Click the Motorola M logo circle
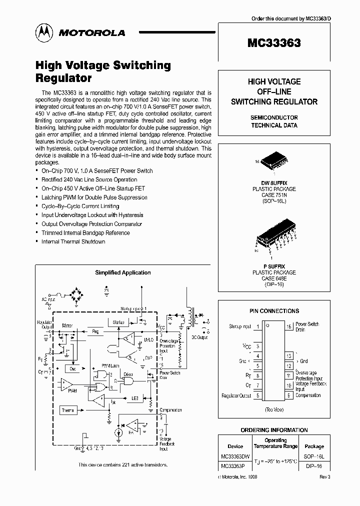[43, 32]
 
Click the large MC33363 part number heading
[274, 43]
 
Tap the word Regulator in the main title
[63, 78]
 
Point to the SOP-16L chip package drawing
[273, 158]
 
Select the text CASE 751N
[274, 194]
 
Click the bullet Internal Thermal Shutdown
[73, 241]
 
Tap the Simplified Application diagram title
[123, 272]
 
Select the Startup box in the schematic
[118, 322]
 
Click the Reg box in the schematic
[96, 331]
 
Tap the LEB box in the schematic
[134, 398]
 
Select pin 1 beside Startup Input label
[257, 326]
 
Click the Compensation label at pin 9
[308, 395]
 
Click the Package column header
[314, 446]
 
